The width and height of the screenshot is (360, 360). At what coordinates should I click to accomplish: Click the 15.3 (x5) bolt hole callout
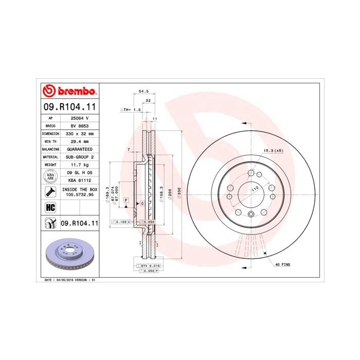[273, 150]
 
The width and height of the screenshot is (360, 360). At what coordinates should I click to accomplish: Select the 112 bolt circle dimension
[254, 189]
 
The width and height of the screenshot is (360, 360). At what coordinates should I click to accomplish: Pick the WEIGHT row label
[50, 164]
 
